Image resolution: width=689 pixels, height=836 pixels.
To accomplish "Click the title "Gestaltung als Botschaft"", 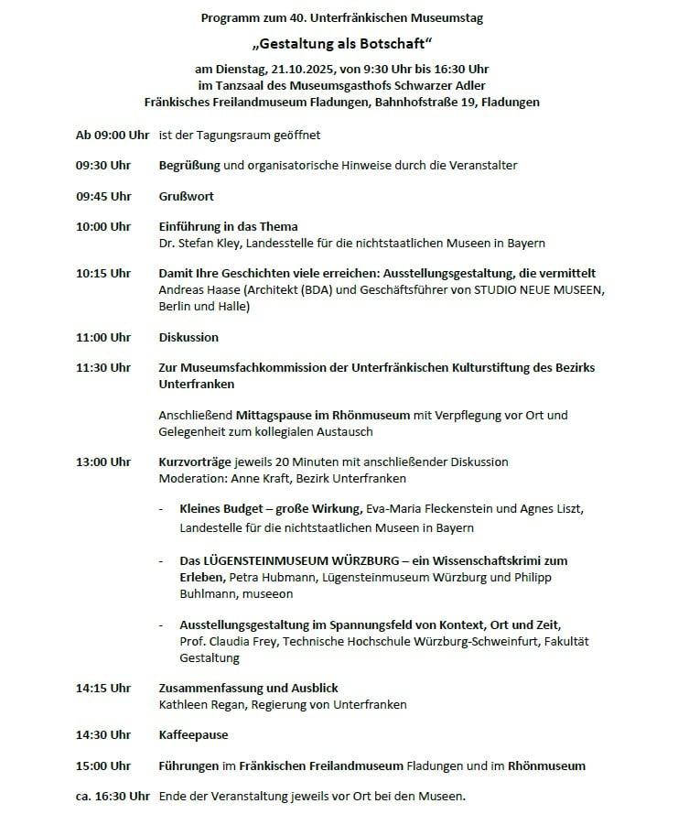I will click(x=343, y=43).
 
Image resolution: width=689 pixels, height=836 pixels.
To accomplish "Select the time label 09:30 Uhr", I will click(x=103, y=166).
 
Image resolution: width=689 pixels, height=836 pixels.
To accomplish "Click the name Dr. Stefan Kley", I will click(x=199, y=243).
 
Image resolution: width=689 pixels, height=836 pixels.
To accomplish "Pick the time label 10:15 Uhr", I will click(x=103, y=274).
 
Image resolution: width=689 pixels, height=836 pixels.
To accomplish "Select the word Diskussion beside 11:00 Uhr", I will click(x=188, y=338).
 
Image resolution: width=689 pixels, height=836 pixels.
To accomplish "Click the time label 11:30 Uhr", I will click(x=103, y=368).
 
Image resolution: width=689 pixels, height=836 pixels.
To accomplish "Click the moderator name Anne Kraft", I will click(x=253, y=479).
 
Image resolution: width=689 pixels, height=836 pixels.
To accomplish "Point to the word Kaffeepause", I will click(x=193, y=735).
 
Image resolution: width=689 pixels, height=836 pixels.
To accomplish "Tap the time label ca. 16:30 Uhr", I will click(x=113, y=797).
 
